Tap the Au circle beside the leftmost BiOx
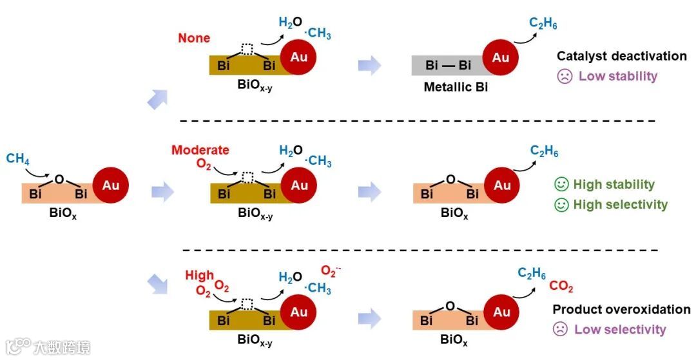click(111, 185)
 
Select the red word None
click(194, 38)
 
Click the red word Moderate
click(200, 150)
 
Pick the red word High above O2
click(199, 276)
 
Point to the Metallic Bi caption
click(456, 87)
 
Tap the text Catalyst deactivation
click(621, 56)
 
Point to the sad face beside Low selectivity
click(560, 330)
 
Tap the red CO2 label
click(561, 287)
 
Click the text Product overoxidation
click(621, 309)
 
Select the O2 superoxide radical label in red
click(331, 271)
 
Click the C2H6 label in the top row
click(543, 24)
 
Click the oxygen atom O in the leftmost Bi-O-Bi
click(59, 178)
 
